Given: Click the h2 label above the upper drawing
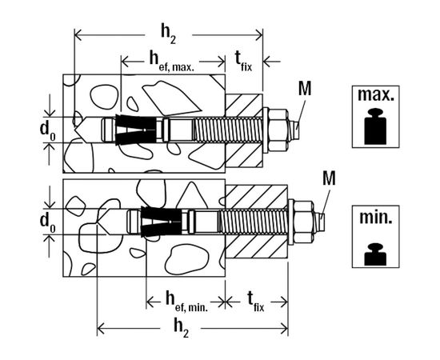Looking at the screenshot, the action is (168, 36).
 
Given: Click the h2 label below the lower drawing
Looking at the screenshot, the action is (181, 329).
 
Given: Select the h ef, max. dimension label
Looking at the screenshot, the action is (171, 62).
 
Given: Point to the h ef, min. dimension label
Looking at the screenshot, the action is (186, 302).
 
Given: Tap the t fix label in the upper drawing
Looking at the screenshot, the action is (243, 62).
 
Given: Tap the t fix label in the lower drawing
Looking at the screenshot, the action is (256, 302).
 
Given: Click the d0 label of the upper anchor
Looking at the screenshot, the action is (47, 130).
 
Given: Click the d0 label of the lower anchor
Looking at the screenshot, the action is (47, 222).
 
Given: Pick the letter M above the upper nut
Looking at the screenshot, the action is (305, 89).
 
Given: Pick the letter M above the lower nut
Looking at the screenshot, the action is (329, 178).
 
